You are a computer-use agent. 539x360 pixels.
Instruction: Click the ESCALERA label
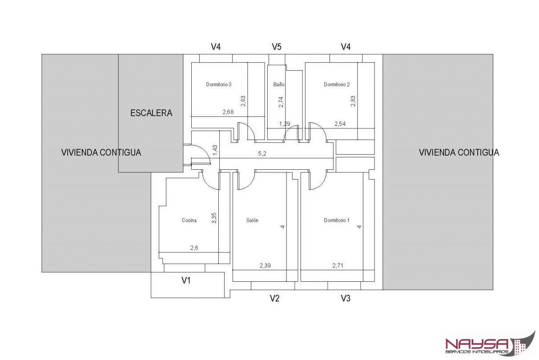click(x=151, y=113)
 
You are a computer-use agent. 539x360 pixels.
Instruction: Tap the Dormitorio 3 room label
click(x=218, y=84)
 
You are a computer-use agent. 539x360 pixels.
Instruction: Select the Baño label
click(x=279, y=84)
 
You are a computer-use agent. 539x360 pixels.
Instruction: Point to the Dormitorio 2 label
click(x=337, y=84)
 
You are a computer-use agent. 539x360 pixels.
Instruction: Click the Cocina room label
click(x=189, y=220)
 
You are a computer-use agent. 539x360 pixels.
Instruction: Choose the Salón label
click(x=252, y=220)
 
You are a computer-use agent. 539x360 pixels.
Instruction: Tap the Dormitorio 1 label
click(x=336, y=220)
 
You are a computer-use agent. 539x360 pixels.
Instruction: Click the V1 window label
click(x=186, y=280)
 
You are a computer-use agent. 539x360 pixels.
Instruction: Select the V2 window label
click(x=274, y=298)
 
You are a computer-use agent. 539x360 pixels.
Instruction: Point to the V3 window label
click(x=346, y=298)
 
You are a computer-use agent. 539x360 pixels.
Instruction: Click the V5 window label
click(x=277, y=46)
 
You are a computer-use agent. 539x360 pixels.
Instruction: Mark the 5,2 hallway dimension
click(x=262, y=153)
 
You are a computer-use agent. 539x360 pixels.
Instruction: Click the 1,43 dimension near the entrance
click(x=215, y=150)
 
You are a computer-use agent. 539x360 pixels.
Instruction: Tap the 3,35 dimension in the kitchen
click(x=214, y=218)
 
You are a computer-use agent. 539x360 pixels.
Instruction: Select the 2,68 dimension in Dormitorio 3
click(x=228, y=112)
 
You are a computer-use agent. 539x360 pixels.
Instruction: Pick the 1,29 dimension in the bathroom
click(x=285, y=124)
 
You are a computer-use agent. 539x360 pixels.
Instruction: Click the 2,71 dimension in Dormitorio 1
click(x=338, y=265)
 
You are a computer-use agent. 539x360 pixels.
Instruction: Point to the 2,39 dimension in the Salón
click(x=265, y=265)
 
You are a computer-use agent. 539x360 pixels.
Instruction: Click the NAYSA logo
click(x=490, y=344)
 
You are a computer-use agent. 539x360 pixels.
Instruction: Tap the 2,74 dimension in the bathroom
click(x=281, y=102)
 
